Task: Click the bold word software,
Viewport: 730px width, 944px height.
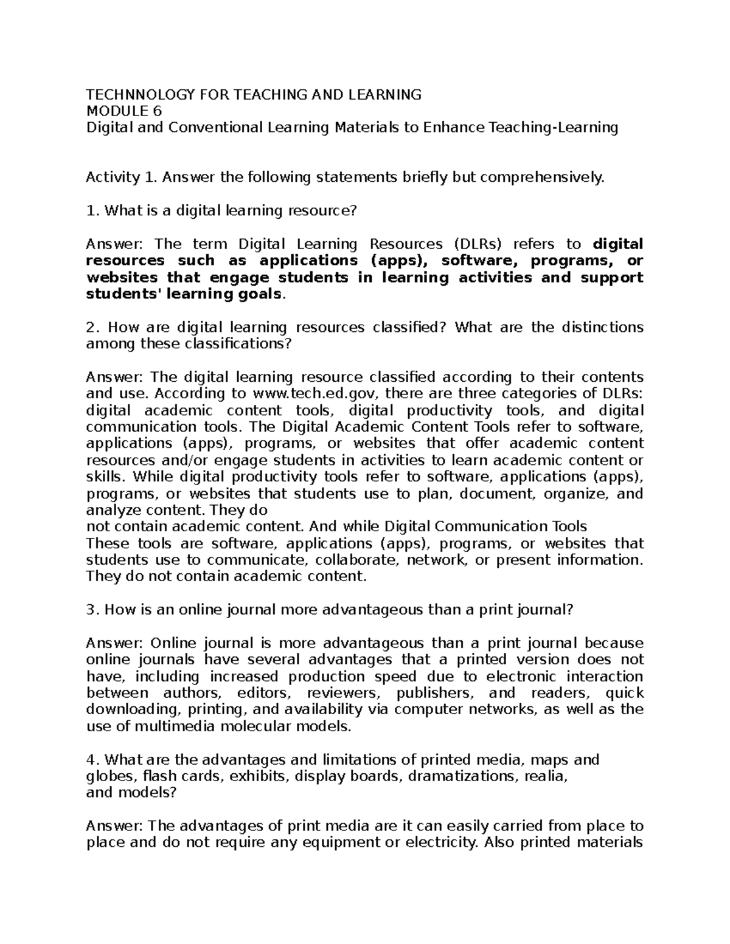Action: (479, 261)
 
